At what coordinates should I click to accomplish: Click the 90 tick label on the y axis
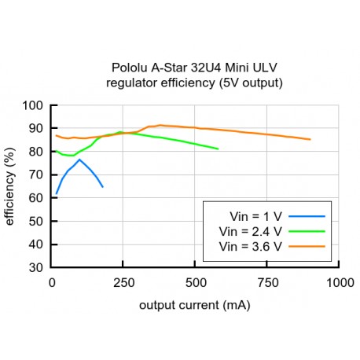point(36,128)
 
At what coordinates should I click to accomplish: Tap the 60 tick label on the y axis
point(36,197)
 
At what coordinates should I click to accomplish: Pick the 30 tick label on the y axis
point(36,267)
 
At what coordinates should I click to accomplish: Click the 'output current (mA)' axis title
point(195,304)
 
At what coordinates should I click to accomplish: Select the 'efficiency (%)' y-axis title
point(10,186)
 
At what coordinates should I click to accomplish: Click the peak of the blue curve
point(79,160)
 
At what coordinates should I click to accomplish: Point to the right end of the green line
point(218,149)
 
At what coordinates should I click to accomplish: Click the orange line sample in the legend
point(303,246)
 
